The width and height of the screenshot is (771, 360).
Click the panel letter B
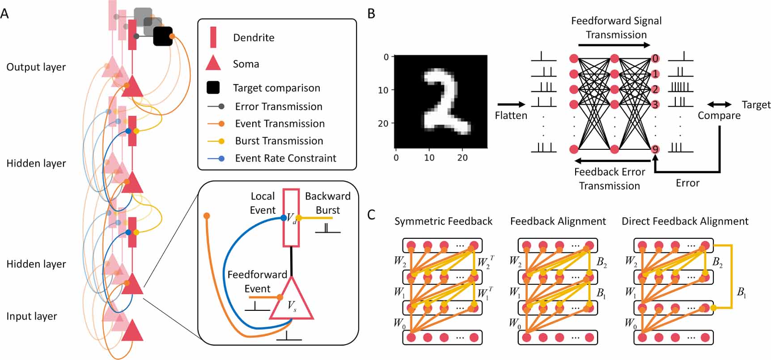pyautogui.click(x=371, y=14)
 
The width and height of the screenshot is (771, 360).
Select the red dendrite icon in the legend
pyautogui.click(x=213, y=37)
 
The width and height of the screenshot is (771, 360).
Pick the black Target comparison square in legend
pyautogui.click(x=213, y=88)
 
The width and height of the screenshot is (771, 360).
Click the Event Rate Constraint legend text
pyautogui.click(x=285, y=158)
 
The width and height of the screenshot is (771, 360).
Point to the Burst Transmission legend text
pyautogui.click(x=279, y=141)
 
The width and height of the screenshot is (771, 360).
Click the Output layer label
pyautogui.click(x=36, y=67)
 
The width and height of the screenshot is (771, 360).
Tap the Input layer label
pyautogui.click(x=31, y=316)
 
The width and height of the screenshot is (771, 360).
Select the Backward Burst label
pyautogui.click(x=327, y=203)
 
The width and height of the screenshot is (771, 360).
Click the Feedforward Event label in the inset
pyautogui.click(x=257, y=281)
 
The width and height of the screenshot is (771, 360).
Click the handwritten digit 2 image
pyautogui.click(x=441, y=102)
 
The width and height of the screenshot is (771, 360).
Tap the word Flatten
pyautogui.click(x=511, y=115)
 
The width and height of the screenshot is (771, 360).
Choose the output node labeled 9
pyautogui.click(x=655, y=149)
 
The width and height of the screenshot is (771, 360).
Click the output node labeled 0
pyautogui.click(x=655, y=59)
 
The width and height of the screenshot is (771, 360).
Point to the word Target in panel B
pyautogui.click(x=756, y=105)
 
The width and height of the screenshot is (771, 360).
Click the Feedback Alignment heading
pyautogui.click(x=558, y=221)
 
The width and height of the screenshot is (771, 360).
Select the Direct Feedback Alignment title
pyautogui.click(x=685, y=221)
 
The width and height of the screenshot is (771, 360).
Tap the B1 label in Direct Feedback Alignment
pyautogui.click(x=741, y=292)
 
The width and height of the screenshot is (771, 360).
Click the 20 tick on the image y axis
pyautogui.click(x=383, y=123)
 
